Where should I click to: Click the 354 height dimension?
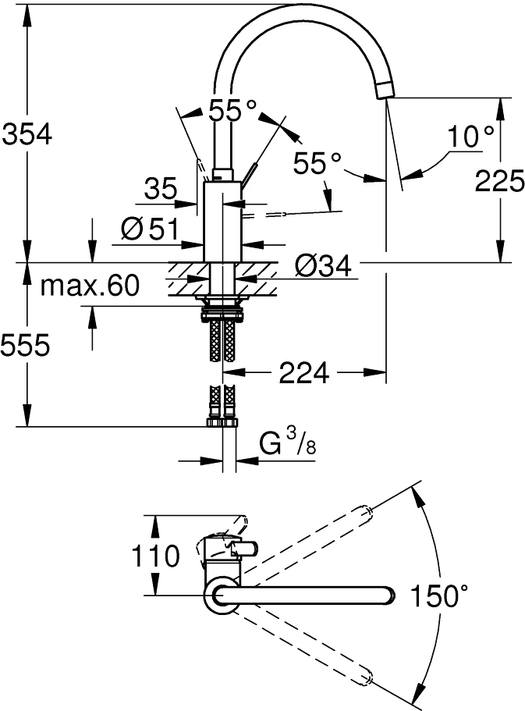pyautogui.click(x=27, y=134)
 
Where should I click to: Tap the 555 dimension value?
pyautogui.click(x=26, y=346)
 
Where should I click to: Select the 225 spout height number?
pyautogui.click(x=499, y=180)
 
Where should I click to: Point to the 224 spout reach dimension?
pyautogui.click(x=303, y=373)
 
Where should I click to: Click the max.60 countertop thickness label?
pyautogui.click(x=89, y=286)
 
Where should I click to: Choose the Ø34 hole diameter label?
pyautogui.click(x=323, y=265)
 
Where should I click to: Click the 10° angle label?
pyautogui.click(x=470, y=136)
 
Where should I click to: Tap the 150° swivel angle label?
pyautogui.click(x=438, y=595)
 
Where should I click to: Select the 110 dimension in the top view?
pyautogui.click(x=155, y=556)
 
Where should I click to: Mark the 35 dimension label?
pyautogui.click(x=161, y=188)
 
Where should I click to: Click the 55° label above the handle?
pyautogui.click(x=232, y=110)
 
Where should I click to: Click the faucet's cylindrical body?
pyautogui.click(x=222, y=222)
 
